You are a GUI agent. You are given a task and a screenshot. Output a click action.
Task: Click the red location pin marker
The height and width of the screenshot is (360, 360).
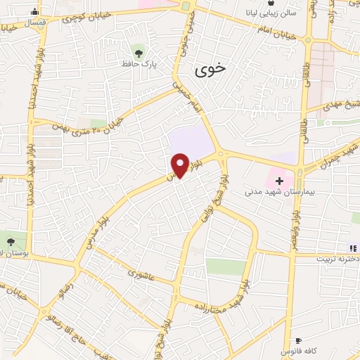click(x=180, y=165)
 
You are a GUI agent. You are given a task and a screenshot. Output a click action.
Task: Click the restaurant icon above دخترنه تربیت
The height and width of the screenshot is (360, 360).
click(x=352, y=247)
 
